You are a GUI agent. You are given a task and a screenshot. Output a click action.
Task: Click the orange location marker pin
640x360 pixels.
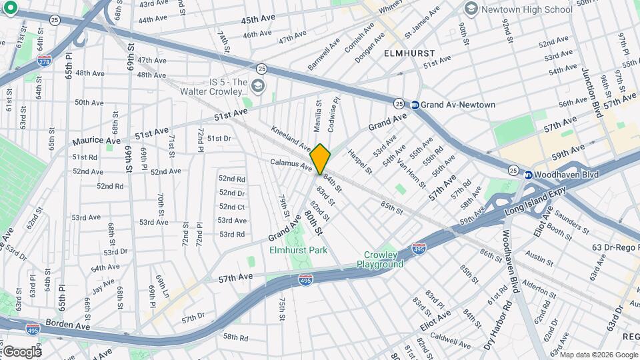point(320,159)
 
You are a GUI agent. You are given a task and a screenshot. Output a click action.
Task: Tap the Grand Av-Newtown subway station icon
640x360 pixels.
point(415,105)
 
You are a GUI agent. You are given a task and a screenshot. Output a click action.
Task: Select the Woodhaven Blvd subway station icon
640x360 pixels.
point(528,175)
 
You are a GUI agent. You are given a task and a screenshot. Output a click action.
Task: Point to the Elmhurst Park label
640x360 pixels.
point(298,250)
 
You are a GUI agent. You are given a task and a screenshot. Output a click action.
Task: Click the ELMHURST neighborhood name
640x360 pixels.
point(409,53)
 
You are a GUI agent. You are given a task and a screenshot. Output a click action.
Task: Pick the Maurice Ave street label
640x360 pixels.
point(97,141)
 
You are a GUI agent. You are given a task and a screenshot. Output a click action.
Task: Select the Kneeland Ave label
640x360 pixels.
point(291,137)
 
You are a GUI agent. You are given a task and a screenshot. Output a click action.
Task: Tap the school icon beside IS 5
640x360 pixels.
point(258,86)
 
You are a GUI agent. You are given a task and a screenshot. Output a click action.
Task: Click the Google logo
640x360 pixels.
point(21,351)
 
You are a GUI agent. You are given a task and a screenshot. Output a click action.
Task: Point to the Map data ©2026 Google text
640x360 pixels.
point(593,354)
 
